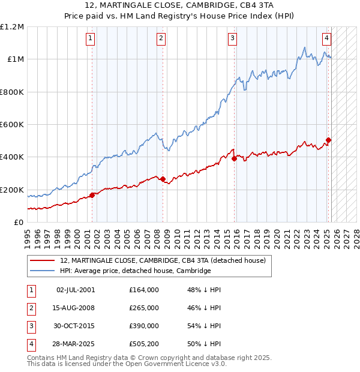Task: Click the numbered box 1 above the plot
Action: click(90, 39)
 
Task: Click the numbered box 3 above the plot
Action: click(232, 39)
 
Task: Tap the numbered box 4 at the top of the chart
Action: click(326, 39)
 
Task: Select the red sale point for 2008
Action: click(163, 179)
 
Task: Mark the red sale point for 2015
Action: click(234, 158)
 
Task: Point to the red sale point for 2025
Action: click(328, 140)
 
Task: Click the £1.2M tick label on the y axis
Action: click(12, 27)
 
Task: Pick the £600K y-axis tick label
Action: click(12, 125)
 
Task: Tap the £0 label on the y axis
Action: click(18, 222)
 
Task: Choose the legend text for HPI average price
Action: click(136, 271)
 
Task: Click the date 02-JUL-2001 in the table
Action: click(76, 290)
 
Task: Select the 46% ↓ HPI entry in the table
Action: click(205, 308)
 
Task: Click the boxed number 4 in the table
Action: click(30, 344)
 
